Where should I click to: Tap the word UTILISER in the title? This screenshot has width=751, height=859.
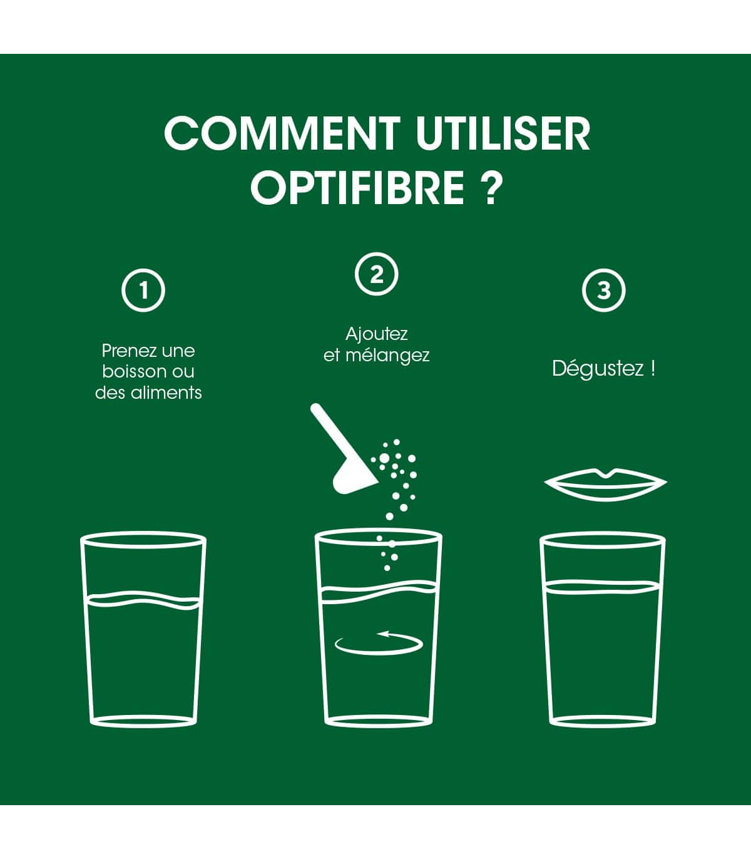[x=503, y=133]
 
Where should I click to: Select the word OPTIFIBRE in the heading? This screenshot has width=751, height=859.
[x=358, y=187]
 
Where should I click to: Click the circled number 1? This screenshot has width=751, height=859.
[x=143, y=290]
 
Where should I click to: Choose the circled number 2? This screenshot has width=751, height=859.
[x=376, y=274]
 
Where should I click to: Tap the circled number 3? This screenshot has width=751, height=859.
[x=604, y=290]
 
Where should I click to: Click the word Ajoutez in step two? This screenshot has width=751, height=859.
[x=376, y=334]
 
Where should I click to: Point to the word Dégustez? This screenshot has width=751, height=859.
[x=598, y=369]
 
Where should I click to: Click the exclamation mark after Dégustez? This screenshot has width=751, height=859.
[x=652, y=368]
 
